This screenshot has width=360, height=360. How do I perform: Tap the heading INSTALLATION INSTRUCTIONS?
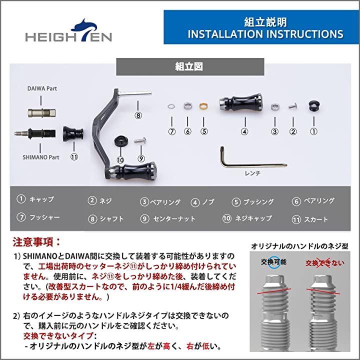[x=265, y=34]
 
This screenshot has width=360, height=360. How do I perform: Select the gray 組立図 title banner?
[x=190, y=67]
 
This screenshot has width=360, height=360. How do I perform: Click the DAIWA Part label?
[x=42, y=88]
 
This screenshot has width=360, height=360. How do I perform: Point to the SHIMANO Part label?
[x=41, y=157]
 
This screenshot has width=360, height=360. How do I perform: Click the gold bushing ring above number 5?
[x=203, y=106]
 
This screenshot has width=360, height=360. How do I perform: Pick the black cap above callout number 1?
[x=314, y=106]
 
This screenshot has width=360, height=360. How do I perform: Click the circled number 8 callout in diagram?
[x=138, y=115]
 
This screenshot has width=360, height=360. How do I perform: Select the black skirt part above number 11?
[x=73, y=133]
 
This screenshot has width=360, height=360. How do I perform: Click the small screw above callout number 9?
[x=140, y=140]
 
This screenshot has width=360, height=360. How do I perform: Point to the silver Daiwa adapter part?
[x=41, y=112]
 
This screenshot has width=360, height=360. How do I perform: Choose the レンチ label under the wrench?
[x=252, y=173]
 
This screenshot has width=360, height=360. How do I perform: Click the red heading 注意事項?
[x=36, y=242]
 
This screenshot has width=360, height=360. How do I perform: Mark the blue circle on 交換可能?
[x=273, y=262]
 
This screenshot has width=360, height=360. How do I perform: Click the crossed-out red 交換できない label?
[x=324, y=263]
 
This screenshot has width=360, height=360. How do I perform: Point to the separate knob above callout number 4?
[x=240, y=101]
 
